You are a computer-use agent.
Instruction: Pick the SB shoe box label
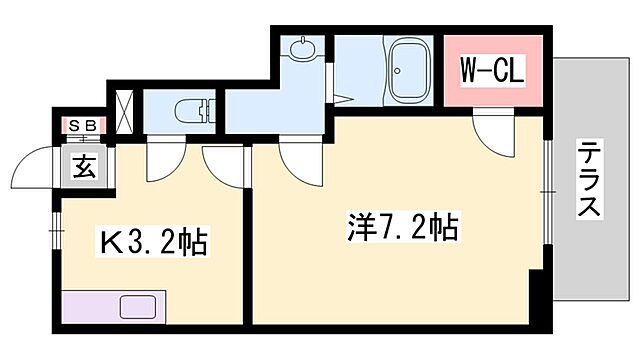click(81, 125)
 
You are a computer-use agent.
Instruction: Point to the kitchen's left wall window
click(57, 231)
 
